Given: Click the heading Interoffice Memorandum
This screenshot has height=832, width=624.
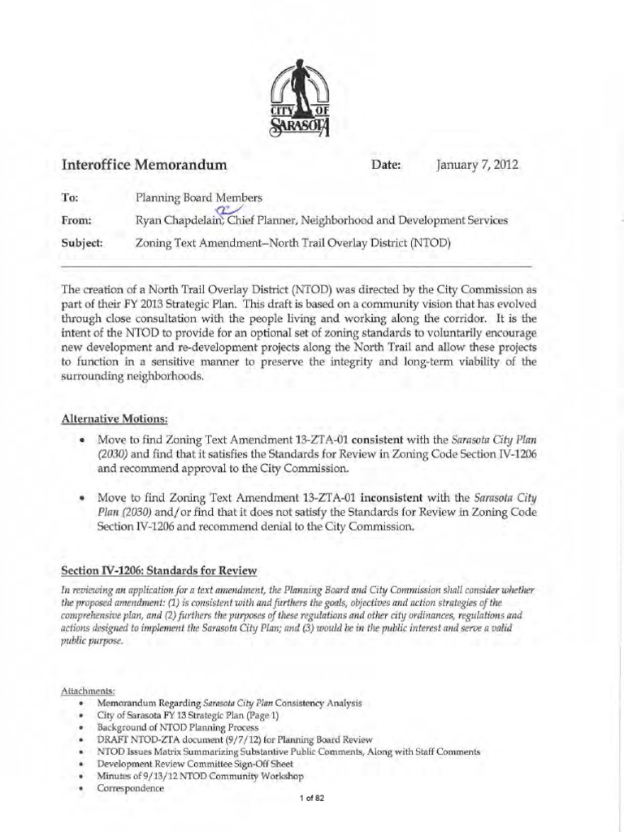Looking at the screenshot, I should click(x=143, y=166).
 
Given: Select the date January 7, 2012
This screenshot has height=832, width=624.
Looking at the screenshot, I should click(x=477, y=166).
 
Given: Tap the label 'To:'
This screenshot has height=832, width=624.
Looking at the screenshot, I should click(x=71, y=197).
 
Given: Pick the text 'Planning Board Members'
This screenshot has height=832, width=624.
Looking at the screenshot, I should click(x=198, y=197).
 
